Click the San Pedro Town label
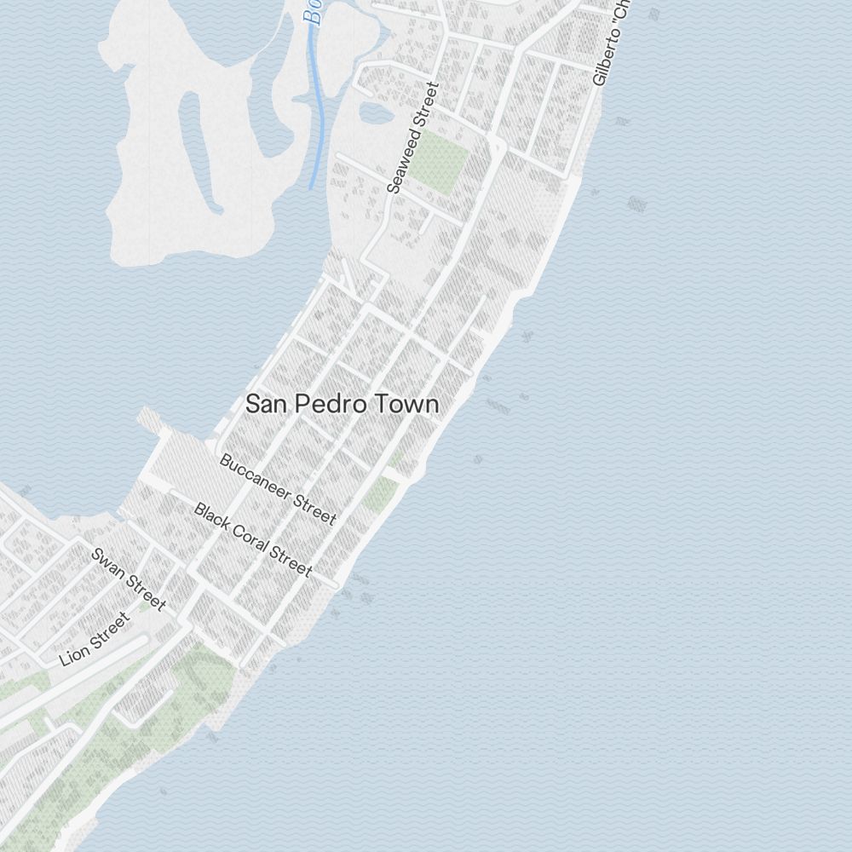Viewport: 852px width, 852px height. [343, 404]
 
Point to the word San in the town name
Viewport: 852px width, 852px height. [266, 404]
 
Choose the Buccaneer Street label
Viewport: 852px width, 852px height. [278, 489]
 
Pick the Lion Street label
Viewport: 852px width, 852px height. [95, 639]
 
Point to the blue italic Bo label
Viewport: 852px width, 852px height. [314, 12]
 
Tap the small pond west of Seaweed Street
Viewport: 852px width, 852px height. [375, 112]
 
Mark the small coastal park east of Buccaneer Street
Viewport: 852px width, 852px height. [381, 495]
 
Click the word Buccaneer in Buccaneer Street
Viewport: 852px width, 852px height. [256, 476]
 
